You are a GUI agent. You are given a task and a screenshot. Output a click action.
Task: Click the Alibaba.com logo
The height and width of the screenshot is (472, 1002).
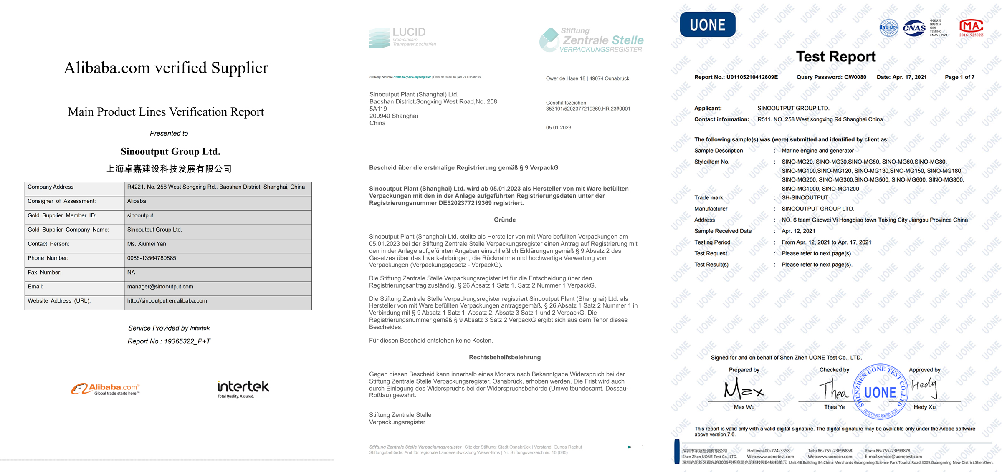coord(105,389)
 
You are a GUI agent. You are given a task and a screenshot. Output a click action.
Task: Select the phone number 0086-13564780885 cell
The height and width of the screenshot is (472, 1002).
coord(152,258)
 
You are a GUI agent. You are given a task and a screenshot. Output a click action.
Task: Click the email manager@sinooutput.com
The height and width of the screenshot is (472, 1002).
coord(160,287)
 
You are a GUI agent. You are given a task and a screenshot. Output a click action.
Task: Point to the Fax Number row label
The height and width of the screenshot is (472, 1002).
coord(45,273)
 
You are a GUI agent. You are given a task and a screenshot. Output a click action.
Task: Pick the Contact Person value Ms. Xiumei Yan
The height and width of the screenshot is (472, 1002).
coord(147,244)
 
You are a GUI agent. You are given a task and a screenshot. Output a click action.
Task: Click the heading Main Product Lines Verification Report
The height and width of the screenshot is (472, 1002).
coord(166,112)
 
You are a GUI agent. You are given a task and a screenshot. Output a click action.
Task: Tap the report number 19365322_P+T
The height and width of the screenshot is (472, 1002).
coord(187,341)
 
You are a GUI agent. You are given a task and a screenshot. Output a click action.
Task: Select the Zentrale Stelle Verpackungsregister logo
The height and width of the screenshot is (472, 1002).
coord(591,40)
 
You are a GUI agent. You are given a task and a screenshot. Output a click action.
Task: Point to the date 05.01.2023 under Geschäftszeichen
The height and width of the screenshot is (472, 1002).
coord(558,128)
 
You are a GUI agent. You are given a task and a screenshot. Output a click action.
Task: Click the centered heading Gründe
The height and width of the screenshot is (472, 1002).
coord(504,220)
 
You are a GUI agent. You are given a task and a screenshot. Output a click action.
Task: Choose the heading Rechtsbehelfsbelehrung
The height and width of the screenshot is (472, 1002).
coord(504,357)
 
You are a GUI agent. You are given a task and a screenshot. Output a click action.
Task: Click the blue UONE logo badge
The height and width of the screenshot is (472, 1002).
coord(707,25)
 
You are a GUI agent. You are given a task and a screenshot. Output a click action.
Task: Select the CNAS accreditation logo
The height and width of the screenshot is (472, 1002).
coord(913,28)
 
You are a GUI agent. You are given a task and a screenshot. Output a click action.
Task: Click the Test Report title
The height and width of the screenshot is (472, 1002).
coord(835,57)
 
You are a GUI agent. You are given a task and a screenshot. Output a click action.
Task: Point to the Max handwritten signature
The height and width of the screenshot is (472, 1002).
coord(744,389)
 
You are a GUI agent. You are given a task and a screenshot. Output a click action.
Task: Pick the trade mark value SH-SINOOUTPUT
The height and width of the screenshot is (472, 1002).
coord(805,198)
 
